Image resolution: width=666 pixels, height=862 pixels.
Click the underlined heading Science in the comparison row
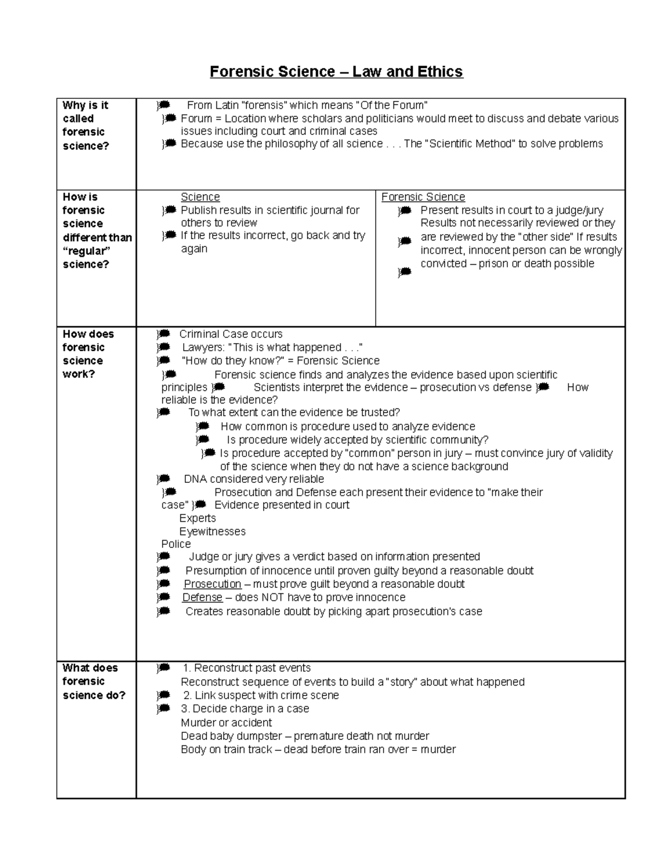(x=200, y=197)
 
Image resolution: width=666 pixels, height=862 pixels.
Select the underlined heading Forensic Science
(x=423, y=197)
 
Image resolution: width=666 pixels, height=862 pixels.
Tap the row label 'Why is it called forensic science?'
(x=86, y=125)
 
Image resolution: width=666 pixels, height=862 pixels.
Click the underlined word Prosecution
(x=213, y=584)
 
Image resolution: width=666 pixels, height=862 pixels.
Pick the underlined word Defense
(x=203, y=597)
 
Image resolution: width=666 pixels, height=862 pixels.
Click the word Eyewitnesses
(x=212, y=531)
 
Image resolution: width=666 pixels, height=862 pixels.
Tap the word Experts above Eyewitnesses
(x=198, y=518)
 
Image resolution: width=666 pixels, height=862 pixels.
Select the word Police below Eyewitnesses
(x=176, y=544)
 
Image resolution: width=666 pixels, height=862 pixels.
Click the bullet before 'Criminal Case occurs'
(x=163, y=334)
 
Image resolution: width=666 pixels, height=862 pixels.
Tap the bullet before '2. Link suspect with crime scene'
(x=163, y=695)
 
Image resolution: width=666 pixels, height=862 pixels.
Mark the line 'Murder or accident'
(x=226, y=723)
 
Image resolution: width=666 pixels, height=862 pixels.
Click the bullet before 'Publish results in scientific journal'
(x=169, y=210)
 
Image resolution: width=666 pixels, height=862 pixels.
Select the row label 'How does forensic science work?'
(x=88, y=354)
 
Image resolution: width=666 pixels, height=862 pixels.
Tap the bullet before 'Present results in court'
(x=405, y=210)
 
